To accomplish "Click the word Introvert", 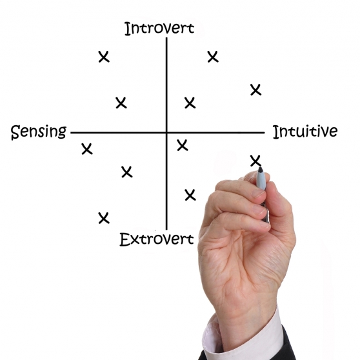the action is [x=159, y=28].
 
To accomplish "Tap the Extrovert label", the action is [x=157, y=239].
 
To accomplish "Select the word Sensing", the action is [x=39, y=132].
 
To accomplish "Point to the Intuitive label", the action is [x=305, y=132].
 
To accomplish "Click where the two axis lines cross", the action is [x=166, y=132].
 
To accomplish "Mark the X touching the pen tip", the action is [x=255, y=161].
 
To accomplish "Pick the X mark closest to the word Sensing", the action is [x=87, y=149].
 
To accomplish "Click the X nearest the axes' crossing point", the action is [x=183, y=145].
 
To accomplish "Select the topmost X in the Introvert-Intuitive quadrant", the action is [x=213, y=57].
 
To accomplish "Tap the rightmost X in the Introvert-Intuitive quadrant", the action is [x=255, y=90].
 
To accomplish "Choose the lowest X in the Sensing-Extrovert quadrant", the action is [x=104, y=218].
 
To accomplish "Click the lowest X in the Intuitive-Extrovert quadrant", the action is [x=190, y=195].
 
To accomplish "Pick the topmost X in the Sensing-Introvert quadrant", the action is [x=104, y=57].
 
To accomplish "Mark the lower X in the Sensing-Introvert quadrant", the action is [x=121, y=103].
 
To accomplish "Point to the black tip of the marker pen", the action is [x=261, y=170].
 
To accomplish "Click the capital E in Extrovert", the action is [x=125, y=239].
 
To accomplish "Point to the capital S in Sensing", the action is [x=15, y=132].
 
